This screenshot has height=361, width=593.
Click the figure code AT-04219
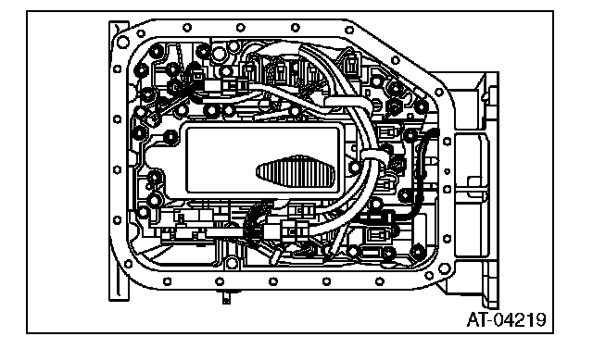(x=507, y=320)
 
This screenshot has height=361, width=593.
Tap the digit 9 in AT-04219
(x=541, y=320)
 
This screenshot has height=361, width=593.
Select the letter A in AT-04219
(x=473, y=320)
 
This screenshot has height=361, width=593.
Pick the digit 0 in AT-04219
(x=499, y=320)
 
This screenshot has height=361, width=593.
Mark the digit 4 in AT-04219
(x=511, y=320)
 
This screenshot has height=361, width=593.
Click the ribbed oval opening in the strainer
(x=296, y=172)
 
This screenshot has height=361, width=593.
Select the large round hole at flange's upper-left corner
(x=123, y=43)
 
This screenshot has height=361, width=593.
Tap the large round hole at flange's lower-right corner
(x=445, y=268)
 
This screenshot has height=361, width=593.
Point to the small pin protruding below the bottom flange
(x=226, y=297)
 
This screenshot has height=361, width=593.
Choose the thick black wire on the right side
(x=417, y=178)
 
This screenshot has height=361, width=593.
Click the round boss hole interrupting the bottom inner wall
(x=232, y=263)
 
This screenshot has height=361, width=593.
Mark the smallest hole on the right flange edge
(x=447, y=171)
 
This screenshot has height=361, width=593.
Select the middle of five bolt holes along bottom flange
(x=273, y=281)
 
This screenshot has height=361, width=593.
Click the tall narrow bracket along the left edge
(x=119, y=161)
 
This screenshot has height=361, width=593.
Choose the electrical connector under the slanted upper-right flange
(x=352, y=64)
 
